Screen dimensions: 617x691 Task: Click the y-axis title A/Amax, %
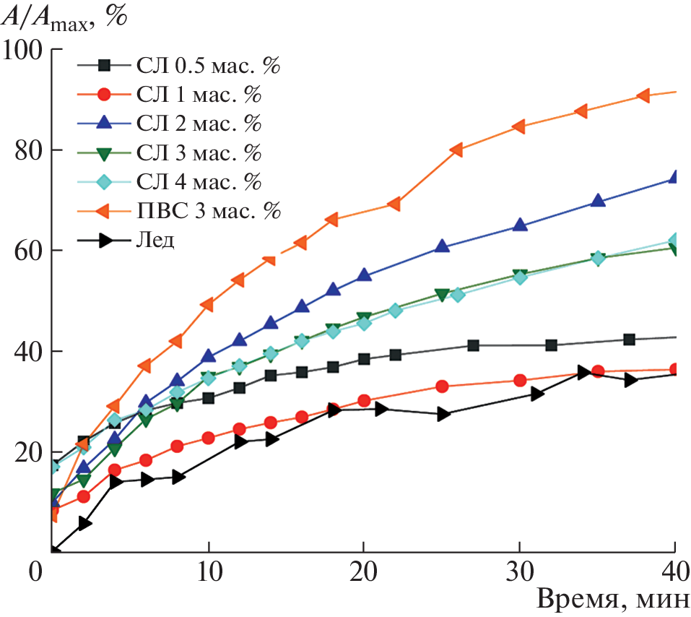pos(64,16)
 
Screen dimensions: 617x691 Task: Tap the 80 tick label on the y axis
pos(28,151)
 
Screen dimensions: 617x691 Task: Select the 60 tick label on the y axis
pos(28,251)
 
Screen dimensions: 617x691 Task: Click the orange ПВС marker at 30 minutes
pos(519,126)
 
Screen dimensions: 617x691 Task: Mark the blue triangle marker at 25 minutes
pos(442,246)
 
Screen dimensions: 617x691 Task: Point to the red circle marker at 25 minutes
pos(442,387)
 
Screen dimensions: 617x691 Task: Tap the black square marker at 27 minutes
pos(473,345)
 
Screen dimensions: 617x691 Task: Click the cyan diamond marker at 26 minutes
pos(458,294)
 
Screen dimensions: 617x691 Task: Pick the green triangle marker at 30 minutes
pos(519,276)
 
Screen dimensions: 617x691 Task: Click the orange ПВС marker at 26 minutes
pos(456,150)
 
